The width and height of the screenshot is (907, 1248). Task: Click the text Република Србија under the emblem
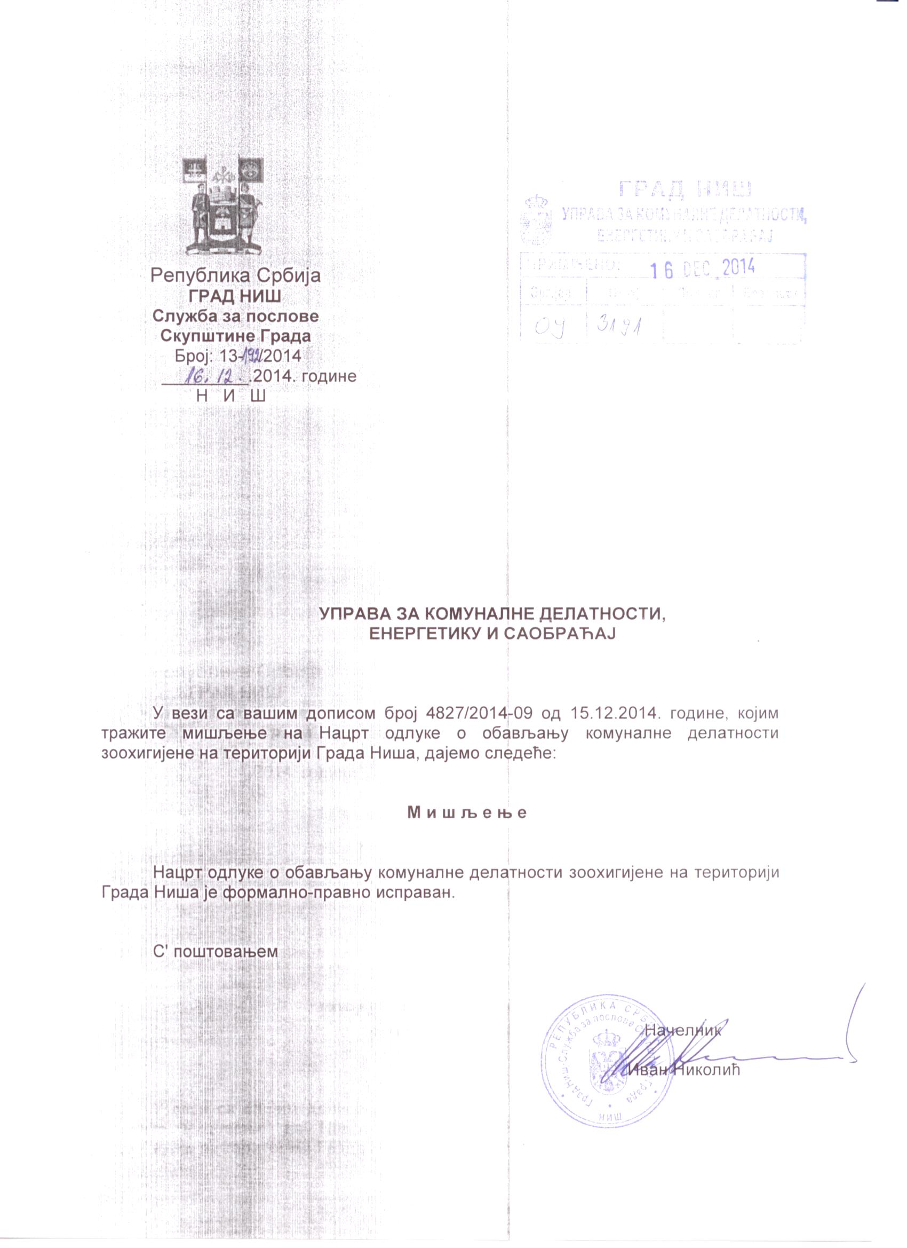click(x=235, y=275)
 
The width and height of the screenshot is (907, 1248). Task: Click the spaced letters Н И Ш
click(x=231, y=396)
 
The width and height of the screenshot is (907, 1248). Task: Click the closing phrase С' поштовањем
click(x=216, y=951)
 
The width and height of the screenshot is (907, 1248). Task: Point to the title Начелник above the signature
click(x=682, y=1031)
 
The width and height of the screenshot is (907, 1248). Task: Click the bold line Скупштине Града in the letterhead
click(x=235, y=336)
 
